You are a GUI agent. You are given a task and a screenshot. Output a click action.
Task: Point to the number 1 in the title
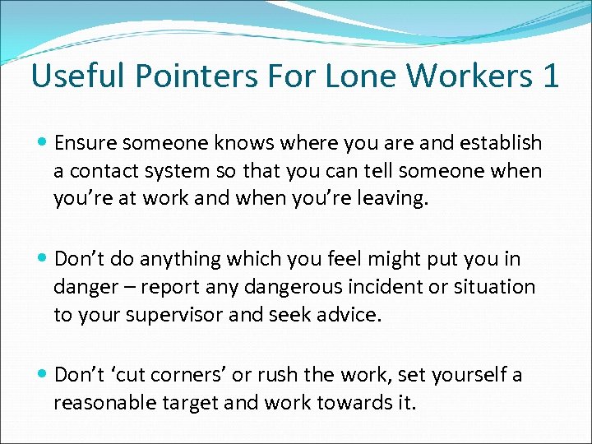(550, 76)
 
